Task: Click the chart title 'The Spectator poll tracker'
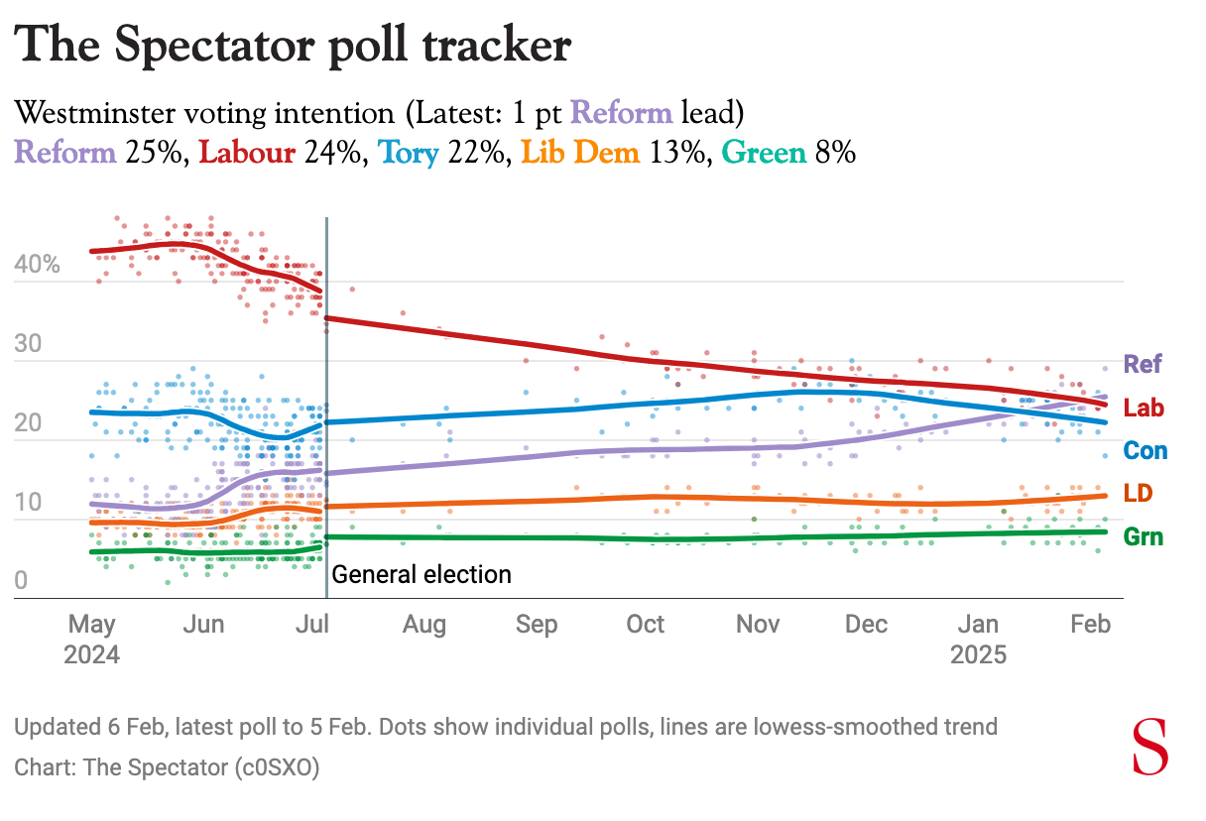[x=294, y=47]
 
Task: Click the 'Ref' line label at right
[x=1143, y=364]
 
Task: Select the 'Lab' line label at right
[x=1144, y=408]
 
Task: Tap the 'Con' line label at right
[x=1146, y=451]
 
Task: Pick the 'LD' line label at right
[x=1139, y=494]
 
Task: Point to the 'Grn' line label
[x=1143, y=537]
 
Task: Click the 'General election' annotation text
[x=422, y=574]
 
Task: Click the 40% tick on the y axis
[x=38, y=266]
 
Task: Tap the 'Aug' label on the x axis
[x=424, y=625]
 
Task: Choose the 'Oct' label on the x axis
[x=646, y=625]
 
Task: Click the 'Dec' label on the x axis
[x=867, y=625]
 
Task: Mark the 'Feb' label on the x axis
[x=1090, y=625]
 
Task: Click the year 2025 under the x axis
[x=978, y=655]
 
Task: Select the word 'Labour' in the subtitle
[x=247, y=154]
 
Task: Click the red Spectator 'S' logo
[x=1150, y=749]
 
